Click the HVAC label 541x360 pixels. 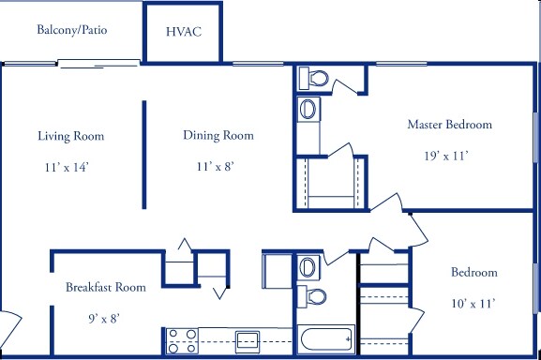click(x=184, y=32)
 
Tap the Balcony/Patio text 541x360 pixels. click(x=72, y=30)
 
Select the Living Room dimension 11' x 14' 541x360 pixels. click(x=67, y=167)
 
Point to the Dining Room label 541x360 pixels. click(x=218, y=135)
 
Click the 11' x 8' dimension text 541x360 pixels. click(x=216, y=167)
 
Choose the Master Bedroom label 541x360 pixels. click(x=449, y=124)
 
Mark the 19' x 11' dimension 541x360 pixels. click(x=446, y=156)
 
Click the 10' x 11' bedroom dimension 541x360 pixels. click(x=473, y=304)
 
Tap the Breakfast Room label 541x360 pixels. click(x=106, y=287)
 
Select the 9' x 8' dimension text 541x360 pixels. click(x=104, y=318)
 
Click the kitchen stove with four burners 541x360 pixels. click(x=182, y=340)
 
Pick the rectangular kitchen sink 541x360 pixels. click(x=248, y=342)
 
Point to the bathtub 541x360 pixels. click(x=326, y=339)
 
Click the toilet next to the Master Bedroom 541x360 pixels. click(x=313, y=78)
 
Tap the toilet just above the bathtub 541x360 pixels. click(x=312, y=296)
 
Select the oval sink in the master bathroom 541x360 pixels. click(x=308, y=109)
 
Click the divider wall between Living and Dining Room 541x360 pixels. click(x=144, y=155)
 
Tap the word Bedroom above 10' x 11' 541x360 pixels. click(x=474, y=273)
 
